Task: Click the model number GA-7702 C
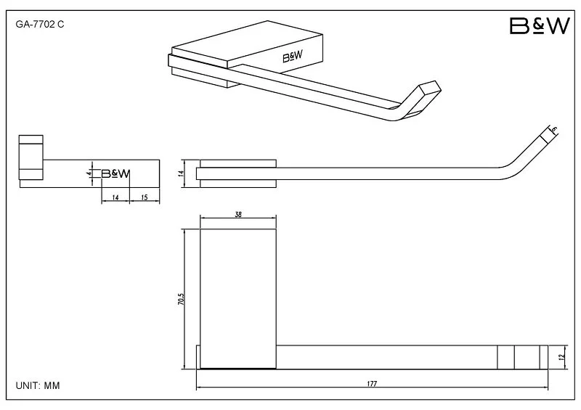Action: point(40,25)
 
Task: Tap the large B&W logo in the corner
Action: point(540,26)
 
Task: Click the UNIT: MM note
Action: point(38,385)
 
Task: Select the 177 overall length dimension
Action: point(372,383)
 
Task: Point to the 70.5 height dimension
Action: point(181,299)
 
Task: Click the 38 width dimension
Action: point(238,214)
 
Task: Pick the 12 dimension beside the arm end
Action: point(561,357)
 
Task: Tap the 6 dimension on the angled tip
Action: point(554,130)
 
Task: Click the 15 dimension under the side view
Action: point(145,197)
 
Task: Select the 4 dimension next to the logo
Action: point(89,173)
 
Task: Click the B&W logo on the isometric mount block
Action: point(293,57)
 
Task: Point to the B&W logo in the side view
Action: point(115,173)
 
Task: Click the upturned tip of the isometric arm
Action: point(430,89)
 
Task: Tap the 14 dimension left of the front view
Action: point(181,173)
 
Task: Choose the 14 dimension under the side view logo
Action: point(115,197)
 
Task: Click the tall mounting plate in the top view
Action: point(238,299)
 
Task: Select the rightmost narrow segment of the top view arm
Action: point(543,357)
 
